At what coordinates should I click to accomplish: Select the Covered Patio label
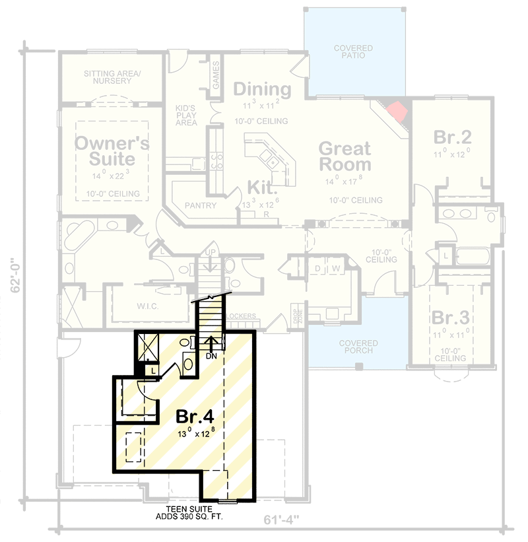click(x=352, y=52)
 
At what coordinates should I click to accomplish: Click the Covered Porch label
click(x=358, y=347)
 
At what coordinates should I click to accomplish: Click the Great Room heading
click(x=345, y=156)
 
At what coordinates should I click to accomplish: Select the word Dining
click(x=262, y=89)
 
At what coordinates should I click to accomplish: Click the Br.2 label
click(x=452, y=137)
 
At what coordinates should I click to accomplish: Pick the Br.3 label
click(x=451, y=318)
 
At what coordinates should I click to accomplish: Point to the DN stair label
click(x=212, y=356)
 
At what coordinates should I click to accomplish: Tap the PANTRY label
click(x=201, y=205)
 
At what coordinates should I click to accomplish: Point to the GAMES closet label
click(x=216, y=77)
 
